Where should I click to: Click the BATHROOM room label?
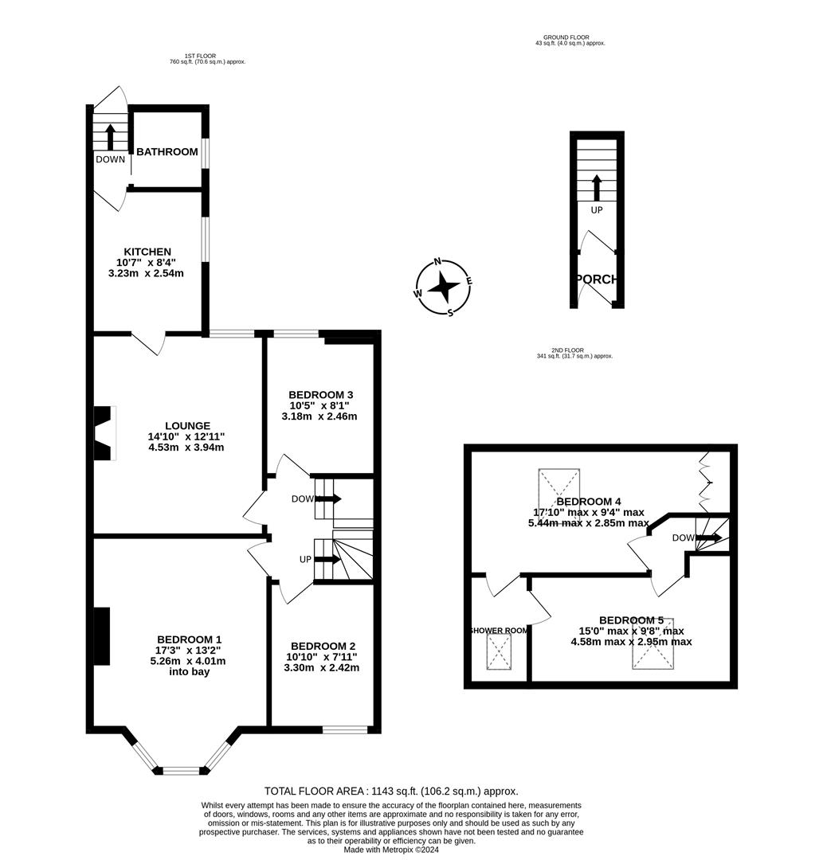coord(167,152)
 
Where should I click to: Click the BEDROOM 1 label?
coord(189,639)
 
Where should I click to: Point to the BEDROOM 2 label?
coord(323,646)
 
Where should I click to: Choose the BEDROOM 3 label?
coord(320,395)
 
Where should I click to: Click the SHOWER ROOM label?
coord(498,631)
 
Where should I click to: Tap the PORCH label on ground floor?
coord(597,279)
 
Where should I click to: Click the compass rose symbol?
coord(443,287)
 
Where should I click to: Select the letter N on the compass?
coord(437,262)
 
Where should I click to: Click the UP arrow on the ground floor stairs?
coord(596,188)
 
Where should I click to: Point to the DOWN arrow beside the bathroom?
coord(110,136)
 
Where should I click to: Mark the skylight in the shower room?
coord(499,655)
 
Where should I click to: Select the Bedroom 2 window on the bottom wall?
coord(344,729)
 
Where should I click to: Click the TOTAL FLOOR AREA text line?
coord(391,791)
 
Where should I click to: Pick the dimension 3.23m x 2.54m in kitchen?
coord(146,273)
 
